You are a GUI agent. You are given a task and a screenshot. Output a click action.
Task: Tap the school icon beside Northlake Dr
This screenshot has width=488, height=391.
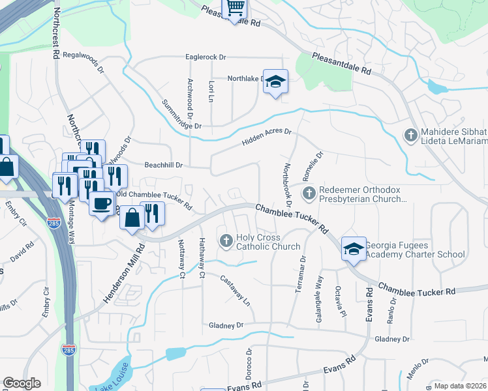click(275, 81)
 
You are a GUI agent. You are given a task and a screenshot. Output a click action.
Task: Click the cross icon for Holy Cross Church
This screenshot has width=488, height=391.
click(226, 242)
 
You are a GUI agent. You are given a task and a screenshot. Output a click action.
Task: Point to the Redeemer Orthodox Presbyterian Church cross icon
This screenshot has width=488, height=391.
click(309, 193)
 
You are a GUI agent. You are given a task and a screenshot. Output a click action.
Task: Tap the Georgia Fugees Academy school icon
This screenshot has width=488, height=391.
click(354, 250)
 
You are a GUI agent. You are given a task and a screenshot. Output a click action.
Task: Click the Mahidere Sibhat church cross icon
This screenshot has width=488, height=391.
click(411, 136)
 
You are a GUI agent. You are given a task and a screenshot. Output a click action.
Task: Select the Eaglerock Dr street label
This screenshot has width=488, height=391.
click(205, 57)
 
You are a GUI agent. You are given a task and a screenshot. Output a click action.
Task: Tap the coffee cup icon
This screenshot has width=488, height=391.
click(102, 203)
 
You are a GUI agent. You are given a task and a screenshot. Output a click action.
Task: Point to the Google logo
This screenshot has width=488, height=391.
click(22, 383)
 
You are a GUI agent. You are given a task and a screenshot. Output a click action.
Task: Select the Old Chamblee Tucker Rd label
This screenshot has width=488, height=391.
click(155, 199)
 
